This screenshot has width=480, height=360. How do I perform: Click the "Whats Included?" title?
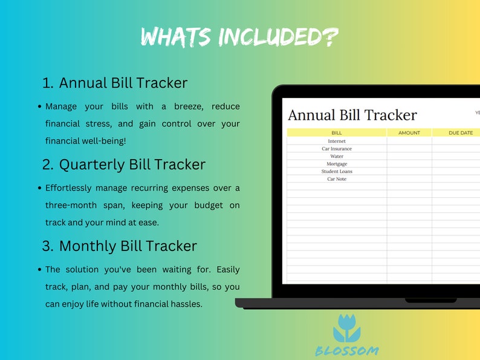(x=239, y=37)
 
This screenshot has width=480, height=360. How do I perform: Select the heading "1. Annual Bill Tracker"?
(x=115, y=83)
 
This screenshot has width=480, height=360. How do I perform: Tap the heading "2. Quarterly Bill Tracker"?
(x=124, y=165)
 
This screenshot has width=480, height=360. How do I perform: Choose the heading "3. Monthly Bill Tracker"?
(x=120, y=246)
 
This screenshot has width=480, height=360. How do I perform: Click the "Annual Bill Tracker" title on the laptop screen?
(x=352, y=115)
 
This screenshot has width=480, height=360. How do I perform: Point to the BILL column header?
(x=337, y=133)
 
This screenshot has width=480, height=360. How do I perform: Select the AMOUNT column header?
(x=409, y=133)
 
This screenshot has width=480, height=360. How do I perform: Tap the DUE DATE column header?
(x=461, y=133)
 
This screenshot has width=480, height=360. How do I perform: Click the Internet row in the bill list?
(x=337, y=141)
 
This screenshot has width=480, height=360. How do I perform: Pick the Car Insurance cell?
(x=337, y=149)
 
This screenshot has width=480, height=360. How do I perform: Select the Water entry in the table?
(x=337, y=156)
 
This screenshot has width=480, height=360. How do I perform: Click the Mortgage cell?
(x=337, y=164)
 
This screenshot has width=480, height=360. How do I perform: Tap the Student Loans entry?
(x=337, y=171)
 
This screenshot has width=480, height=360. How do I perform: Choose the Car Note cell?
(x=337, y=179)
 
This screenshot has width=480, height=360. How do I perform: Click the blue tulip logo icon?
(x=346, y=329)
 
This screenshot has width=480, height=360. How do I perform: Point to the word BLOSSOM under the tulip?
(x=347, y=350)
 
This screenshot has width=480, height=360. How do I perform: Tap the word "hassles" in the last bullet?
(x=184, y=304)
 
